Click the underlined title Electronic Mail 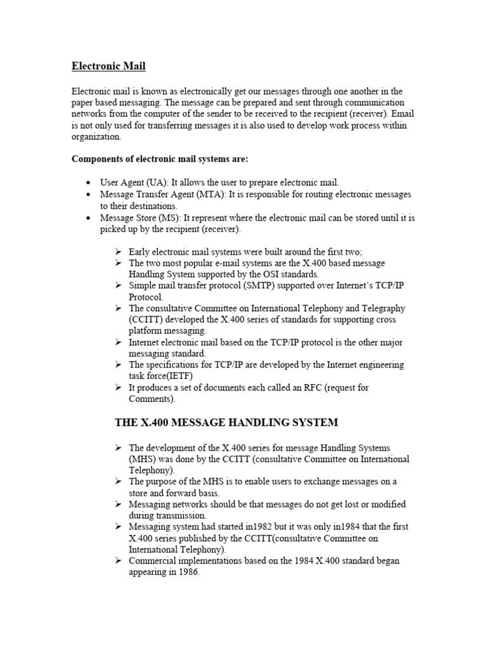(108, 65)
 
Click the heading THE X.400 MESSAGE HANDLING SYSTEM (226, 422)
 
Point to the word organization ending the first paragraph (96, 136)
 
